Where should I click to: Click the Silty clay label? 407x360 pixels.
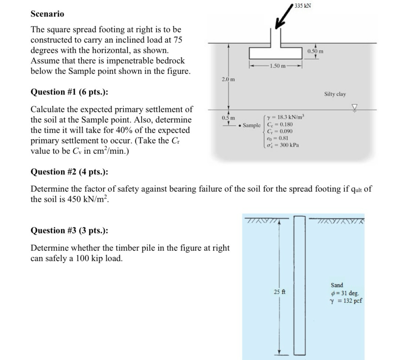click(x=335, y=94)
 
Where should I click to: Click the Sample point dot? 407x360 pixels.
click(x=241, y=126)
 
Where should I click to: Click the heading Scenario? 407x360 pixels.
click(x=47, y=14)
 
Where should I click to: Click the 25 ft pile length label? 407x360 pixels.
click(x=279, y=292)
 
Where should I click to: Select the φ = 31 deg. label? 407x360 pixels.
click(x=344, y=293)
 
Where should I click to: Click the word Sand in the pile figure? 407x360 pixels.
click(x=337, y=285)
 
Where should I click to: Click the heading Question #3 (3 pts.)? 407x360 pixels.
click(x=69, y=230)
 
